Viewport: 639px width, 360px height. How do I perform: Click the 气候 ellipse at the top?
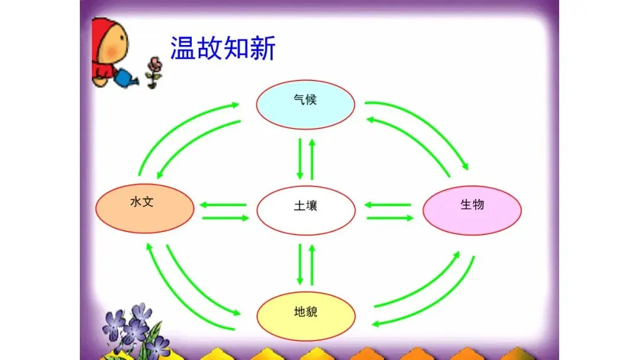coord(305,104)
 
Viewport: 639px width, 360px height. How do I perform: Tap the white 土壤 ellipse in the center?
coord(306,210)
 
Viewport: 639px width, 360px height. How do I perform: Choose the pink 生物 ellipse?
coord(472,210)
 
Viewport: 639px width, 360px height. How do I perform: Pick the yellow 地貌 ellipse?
coord(306,316)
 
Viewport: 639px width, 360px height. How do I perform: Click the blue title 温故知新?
coord(223,48)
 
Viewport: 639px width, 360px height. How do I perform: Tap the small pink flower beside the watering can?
coord(154,65)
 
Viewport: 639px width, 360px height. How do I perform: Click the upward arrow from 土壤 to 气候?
coord(312,159)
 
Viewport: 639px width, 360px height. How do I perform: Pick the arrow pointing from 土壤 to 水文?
coord(223,205)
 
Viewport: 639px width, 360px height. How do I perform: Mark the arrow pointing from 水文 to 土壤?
coord(225,218)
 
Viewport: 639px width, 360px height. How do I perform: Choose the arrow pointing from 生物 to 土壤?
coord(388,205)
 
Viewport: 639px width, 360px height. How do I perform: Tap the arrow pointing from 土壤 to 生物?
coord(390,218)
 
